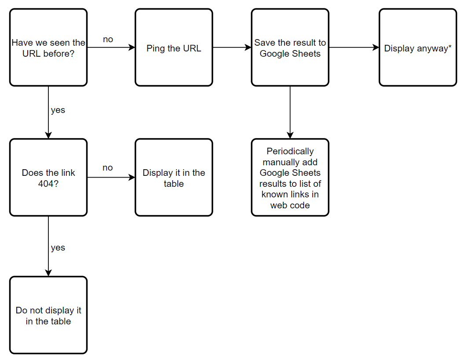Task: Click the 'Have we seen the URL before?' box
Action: [48, 47]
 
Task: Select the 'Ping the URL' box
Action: [174, 47]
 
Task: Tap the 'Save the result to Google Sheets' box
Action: [290, 47]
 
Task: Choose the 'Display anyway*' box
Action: [418, 47]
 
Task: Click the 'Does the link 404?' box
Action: [48, 177]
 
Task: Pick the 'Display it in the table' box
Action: [174, 177]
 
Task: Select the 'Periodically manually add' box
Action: [290, 177]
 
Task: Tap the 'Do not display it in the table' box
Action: [48, 315]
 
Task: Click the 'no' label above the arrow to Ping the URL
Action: [108, 40]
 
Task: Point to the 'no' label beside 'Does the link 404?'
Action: [108, 168]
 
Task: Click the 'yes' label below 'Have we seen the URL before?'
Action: [58, 110]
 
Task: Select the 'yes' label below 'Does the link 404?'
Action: [58, 248]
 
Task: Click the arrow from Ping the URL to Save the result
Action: [232, 47]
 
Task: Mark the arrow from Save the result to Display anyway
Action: [354, 47]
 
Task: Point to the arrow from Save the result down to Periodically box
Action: [290, 112]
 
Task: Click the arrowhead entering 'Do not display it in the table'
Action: [48, 273]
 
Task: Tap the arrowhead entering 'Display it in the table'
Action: [132, 178]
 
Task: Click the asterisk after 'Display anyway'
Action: [450, 46]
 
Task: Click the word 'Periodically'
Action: [290, 151]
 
